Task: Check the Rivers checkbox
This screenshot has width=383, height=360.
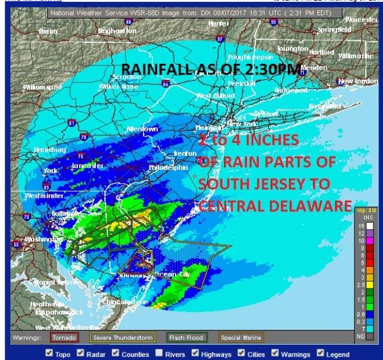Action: point(158,354)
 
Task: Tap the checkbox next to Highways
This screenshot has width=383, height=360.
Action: point(196,354)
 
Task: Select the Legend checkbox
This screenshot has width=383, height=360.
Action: point(322,354)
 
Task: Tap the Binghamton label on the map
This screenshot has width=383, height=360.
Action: point(117,31)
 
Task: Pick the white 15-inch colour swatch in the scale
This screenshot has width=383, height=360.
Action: point(361,226)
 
